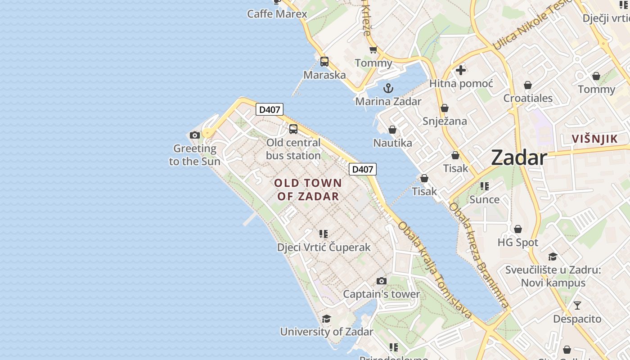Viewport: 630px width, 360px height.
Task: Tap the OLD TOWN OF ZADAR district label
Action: coord(308,189)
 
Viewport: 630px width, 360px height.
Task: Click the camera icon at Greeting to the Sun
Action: coord(195,135)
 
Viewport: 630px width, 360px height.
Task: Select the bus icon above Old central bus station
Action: coord(293,129)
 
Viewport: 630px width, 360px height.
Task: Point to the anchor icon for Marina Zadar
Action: coord(388,88)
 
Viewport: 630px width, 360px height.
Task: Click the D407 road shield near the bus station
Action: coord(270,109)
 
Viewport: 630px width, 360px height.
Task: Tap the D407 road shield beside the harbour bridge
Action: coord(363,169)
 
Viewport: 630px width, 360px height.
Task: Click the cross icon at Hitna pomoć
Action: coord(461,70)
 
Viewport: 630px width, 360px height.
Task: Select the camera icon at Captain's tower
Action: coord(382,281)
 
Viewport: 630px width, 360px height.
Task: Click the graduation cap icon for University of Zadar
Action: coord(327,319)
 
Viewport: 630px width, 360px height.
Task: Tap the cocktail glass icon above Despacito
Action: coord(577,306)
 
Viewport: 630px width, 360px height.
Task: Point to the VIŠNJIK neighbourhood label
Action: coord(595,139)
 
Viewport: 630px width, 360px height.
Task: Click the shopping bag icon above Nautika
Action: coord(392,130)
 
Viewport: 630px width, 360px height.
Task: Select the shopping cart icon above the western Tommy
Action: coord(373,50)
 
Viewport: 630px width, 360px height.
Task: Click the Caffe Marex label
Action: coord(277,14)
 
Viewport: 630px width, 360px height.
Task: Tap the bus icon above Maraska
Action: coord(324,62)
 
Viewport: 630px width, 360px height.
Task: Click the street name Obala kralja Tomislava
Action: coord(434,270)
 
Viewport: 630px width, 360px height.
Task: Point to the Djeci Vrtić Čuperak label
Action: coord(324,247)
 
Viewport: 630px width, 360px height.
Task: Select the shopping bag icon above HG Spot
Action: coord(518,229)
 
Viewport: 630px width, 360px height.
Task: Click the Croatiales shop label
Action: coord(528,98)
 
